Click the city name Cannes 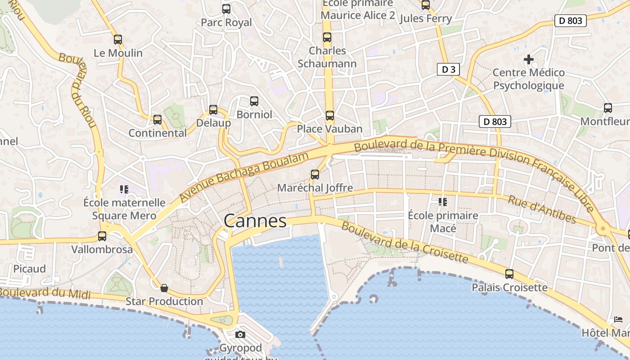click(x=255, y=221)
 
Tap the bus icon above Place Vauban click(x=330, y=116)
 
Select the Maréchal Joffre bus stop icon click(x=315, y=175)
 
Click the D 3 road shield click(x=448, y=69)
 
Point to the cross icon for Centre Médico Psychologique click(x=529, y=59)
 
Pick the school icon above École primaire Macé click(x=443, y=202)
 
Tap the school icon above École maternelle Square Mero click(x=124, y=189)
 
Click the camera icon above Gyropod click(x=240, y=334)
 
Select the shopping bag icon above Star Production click(x=164, y=288)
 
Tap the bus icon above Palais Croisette click(x=509, y=274)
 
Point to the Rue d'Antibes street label click(x=542, y=209)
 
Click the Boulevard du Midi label click(x=45, y=293)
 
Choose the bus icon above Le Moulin click(x=118, y=40)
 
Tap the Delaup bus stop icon click(x=213, y=110)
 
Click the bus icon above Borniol click(x=254, y=101)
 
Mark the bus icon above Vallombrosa click(x=102, y=236)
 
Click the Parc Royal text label click(x=226, y=22)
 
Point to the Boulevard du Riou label click(x=78, y=90)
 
